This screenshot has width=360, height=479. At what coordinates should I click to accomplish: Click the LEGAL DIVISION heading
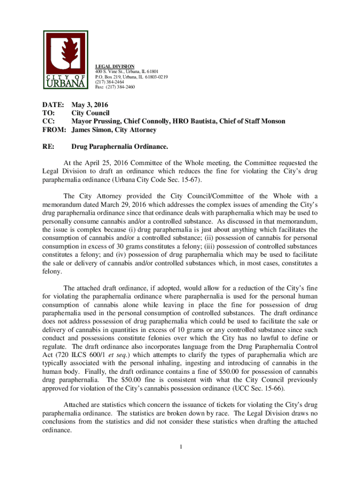click(x=115, y=66)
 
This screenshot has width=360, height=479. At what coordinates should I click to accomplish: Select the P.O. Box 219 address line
click(x=131, y=77)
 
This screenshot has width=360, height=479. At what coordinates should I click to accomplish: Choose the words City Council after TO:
click(x=90, y=113)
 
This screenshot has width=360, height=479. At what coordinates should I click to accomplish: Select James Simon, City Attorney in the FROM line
click(x=114, y=130)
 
